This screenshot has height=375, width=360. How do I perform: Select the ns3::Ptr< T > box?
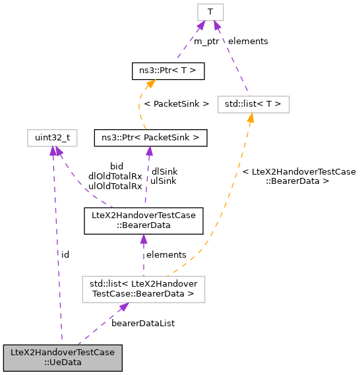click(168, 69)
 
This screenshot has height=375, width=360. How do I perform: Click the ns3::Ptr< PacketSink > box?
click(151, 137)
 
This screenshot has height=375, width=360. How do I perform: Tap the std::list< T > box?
click(253, 103)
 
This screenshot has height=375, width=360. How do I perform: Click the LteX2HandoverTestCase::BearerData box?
click(142, 219)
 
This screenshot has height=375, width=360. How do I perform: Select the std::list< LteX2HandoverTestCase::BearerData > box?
click(142, 289)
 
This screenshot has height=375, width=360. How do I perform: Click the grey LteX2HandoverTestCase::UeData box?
click(63, 357)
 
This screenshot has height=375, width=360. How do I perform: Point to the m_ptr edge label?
click(206, 41)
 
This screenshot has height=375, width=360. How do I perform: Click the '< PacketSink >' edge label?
click(176, 103)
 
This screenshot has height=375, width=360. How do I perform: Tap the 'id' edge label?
click(65, 254)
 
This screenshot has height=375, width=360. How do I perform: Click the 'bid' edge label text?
click(117, 166)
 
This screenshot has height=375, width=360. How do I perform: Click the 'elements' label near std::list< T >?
click(248, 41)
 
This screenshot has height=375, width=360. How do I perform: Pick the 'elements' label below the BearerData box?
click(166, 254)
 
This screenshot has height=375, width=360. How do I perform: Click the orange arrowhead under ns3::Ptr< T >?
click(151, 83)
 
